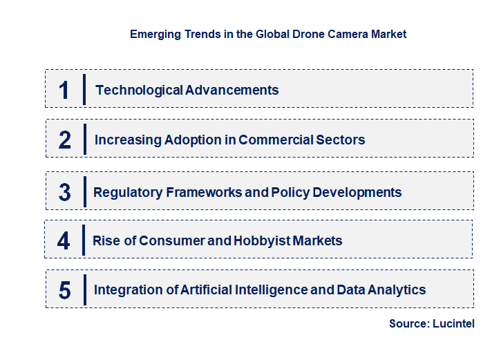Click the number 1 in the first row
click(64, 90)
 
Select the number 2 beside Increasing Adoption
click(65, 140)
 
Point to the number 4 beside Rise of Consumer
click(64, 241)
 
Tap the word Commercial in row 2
click(272, 140)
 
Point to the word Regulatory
click(128, 192)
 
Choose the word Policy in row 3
click(291, 192)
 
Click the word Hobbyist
click(263, 240)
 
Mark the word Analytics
click(397, 290)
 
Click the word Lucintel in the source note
click(453, 323)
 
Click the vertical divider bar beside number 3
click(84, 191)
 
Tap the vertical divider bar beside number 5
click(84, 289)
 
